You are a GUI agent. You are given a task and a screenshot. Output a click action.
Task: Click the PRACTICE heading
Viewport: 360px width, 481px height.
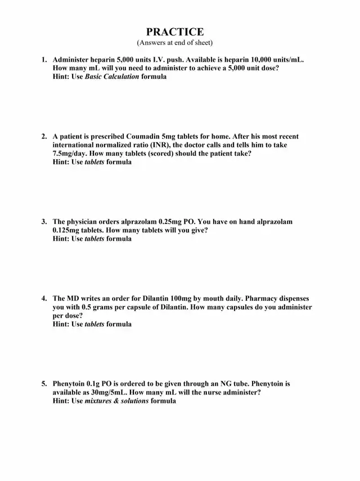(x=175, y=32)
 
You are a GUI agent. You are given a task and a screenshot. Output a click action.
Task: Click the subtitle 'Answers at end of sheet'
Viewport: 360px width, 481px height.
(x=174, y=43)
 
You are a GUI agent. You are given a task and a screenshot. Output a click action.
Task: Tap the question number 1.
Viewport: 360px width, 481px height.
(x=44, y=60)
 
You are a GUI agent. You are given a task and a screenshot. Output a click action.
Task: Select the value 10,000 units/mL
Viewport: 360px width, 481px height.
(x=272, y=60)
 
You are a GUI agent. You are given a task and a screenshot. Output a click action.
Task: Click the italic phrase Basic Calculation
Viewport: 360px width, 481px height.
(x=111, y=77)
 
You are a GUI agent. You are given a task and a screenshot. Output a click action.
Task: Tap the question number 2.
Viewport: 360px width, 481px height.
(x=44, y=137)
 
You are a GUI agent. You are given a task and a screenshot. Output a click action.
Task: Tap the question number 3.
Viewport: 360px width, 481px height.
(x=44, y=222)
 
